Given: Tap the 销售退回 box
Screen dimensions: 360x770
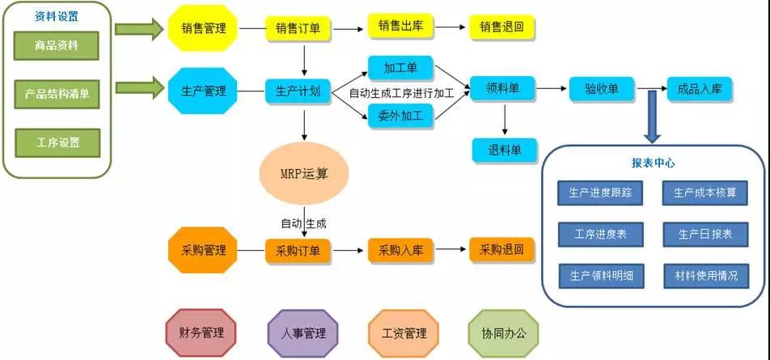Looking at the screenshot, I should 501,28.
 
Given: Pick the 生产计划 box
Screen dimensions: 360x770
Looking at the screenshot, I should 298,91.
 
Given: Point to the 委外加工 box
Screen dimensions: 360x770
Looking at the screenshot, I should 400,115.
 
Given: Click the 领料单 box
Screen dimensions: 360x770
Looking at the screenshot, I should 502,89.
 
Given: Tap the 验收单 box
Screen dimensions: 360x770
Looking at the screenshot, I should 601,89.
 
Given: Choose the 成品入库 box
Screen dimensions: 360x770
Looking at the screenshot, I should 700,89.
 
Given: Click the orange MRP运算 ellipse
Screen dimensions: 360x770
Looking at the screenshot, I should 305,174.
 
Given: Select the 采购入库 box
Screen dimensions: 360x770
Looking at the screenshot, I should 400,251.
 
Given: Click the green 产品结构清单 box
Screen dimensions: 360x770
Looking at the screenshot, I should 57,93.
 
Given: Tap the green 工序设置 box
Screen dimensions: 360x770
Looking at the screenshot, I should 57,142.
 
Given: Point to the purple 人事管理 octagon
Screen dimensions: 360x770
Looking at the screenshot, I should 303,332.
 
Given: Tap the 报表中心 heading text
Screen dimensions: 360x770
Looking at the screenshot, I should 653,163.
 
